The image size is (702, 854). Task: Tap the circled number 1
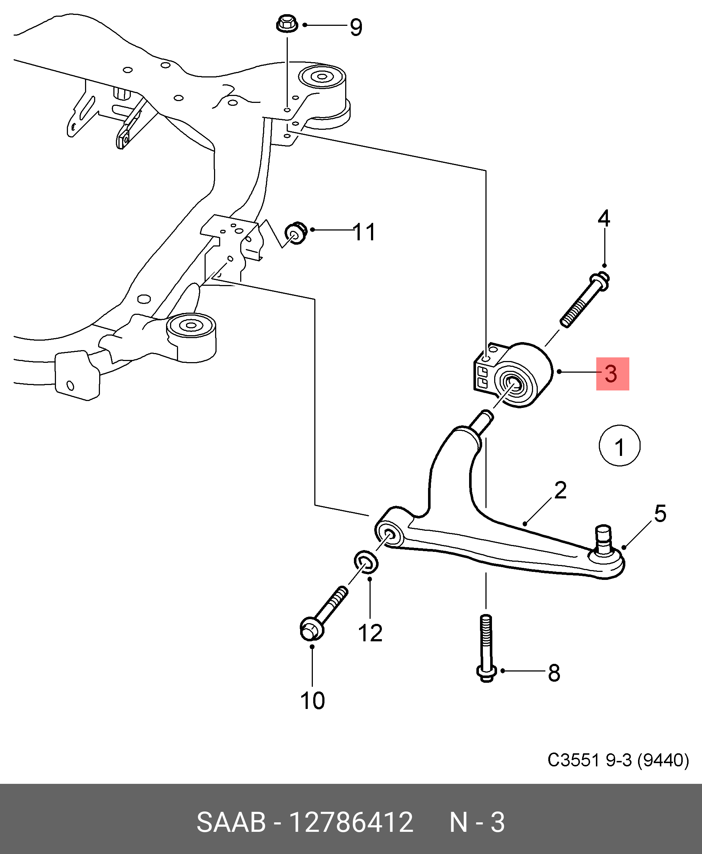click(619, 445)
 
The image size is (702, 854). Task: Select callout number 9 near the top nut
click(356, 27)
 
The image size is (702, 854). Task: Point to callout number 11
click(364, 232)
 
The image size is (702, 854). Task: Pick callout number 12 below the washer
click(370, 633)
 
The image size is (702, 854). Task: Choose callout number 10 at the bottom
click(312, 701)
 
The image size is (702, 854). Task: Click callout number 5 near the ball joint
click(660, 513)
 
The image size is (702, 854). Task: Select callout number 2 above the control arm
click(560, 490)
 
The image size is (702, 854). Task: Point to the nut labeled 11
click(296, 233)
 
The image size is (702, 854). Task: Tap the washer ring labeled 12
click(366, 561)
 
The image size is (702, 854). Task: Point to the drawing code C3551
click(573, 761)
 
